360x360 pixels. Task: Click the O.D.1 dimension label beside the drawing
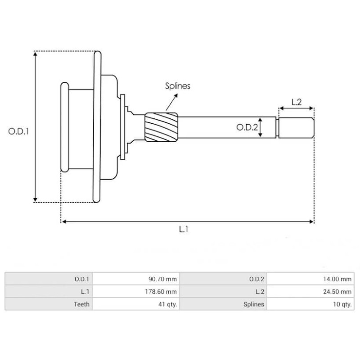click(18, 132)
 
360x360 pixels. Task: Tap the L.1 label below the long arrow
click(184, 229)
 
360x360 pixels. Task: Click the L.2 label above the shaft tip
click(296, 102)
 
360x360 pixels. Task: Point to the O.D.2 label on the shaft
click(247, 128)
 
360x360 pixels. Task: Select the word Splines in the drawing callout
click(177, 86)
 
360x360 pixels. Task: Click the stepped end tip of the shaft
click(296, 128)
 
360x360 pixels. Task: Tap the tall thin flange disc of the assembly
click(97, 127)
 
